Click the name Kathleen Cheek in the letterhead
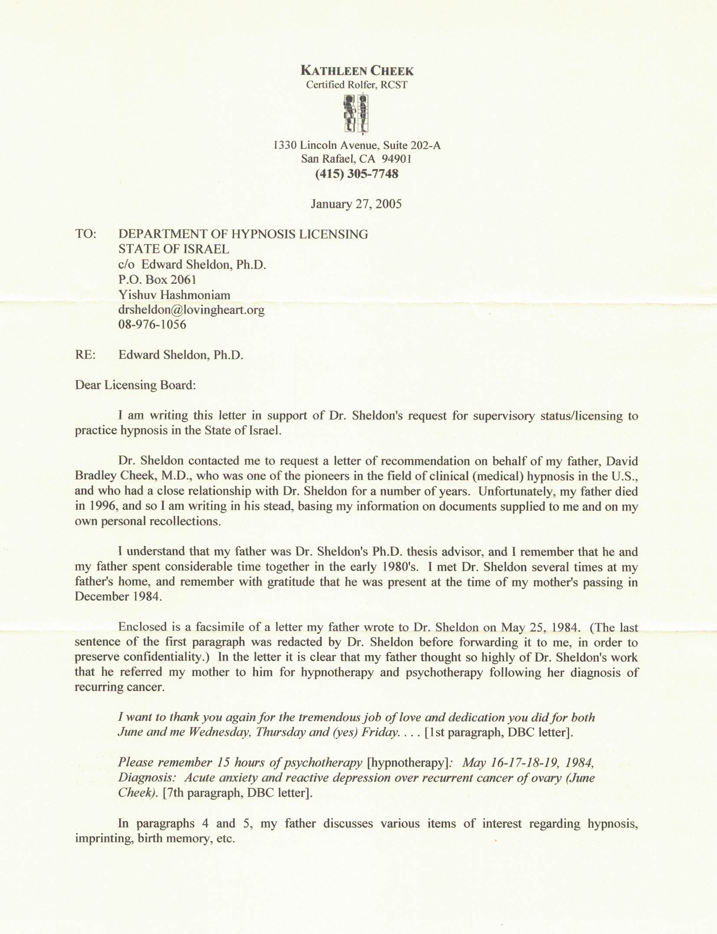(358, 71)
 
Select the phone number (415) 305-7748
(357, 174)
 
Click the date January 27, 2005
(356, 204)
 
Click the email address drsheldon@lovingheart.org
(191, 310)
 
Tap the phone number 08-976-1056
(152, 324)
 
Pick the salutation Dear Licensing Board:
(135, 385)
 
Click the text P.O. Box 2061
(157, 280)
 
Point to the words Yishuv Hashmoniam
(174, 295)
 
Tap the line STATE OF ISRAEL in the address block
(174, 249)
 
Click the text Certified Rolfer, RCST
(357, 85)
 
